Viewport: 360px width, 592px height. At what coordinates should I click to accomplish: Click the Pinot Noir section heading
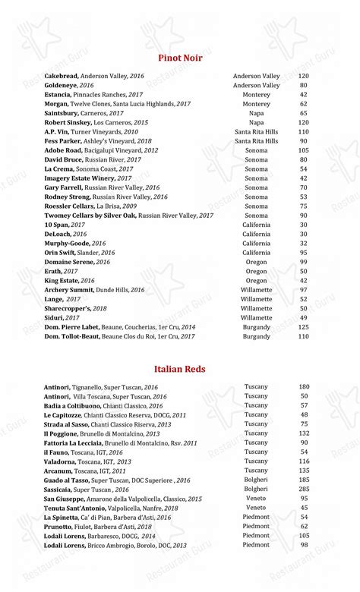(180, 58)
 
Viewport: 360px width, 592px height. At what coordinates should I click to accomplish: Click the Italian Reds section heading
(180, 369)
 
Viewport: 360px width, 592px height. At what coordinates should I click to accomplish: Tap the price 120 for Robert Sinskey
(303, 122)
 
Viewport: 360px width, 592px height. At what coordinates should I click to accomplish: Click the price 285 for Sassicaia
(304, 490)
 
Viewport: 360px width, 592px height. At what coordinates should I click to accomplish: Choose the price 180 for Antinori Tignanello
(304, 387)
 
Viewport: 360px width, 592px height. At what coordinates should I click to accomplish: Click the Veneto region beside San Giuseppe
(256, 499)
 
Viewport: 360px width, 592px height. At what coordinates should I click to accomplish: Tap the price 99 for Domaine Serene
(303, 262)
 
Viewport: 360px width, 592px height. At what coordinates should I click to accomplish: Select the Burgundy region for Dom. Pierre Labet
(256, 327)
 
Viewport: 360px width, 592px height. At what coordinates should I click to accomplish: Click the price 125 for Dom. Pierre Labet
(303, 327)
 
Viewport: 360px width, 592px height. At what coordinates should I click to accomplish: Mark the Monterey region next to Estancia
(256, 95)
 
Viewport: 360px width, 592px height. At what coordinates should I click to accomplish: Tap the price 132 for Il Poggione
(304, 433)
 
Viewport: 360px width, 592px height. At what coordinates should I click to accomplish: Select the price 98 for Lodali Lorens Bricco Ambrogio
(304, 545)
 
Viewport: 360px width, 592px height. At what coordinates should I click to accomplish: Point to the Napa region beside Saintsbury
(256, 113)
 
